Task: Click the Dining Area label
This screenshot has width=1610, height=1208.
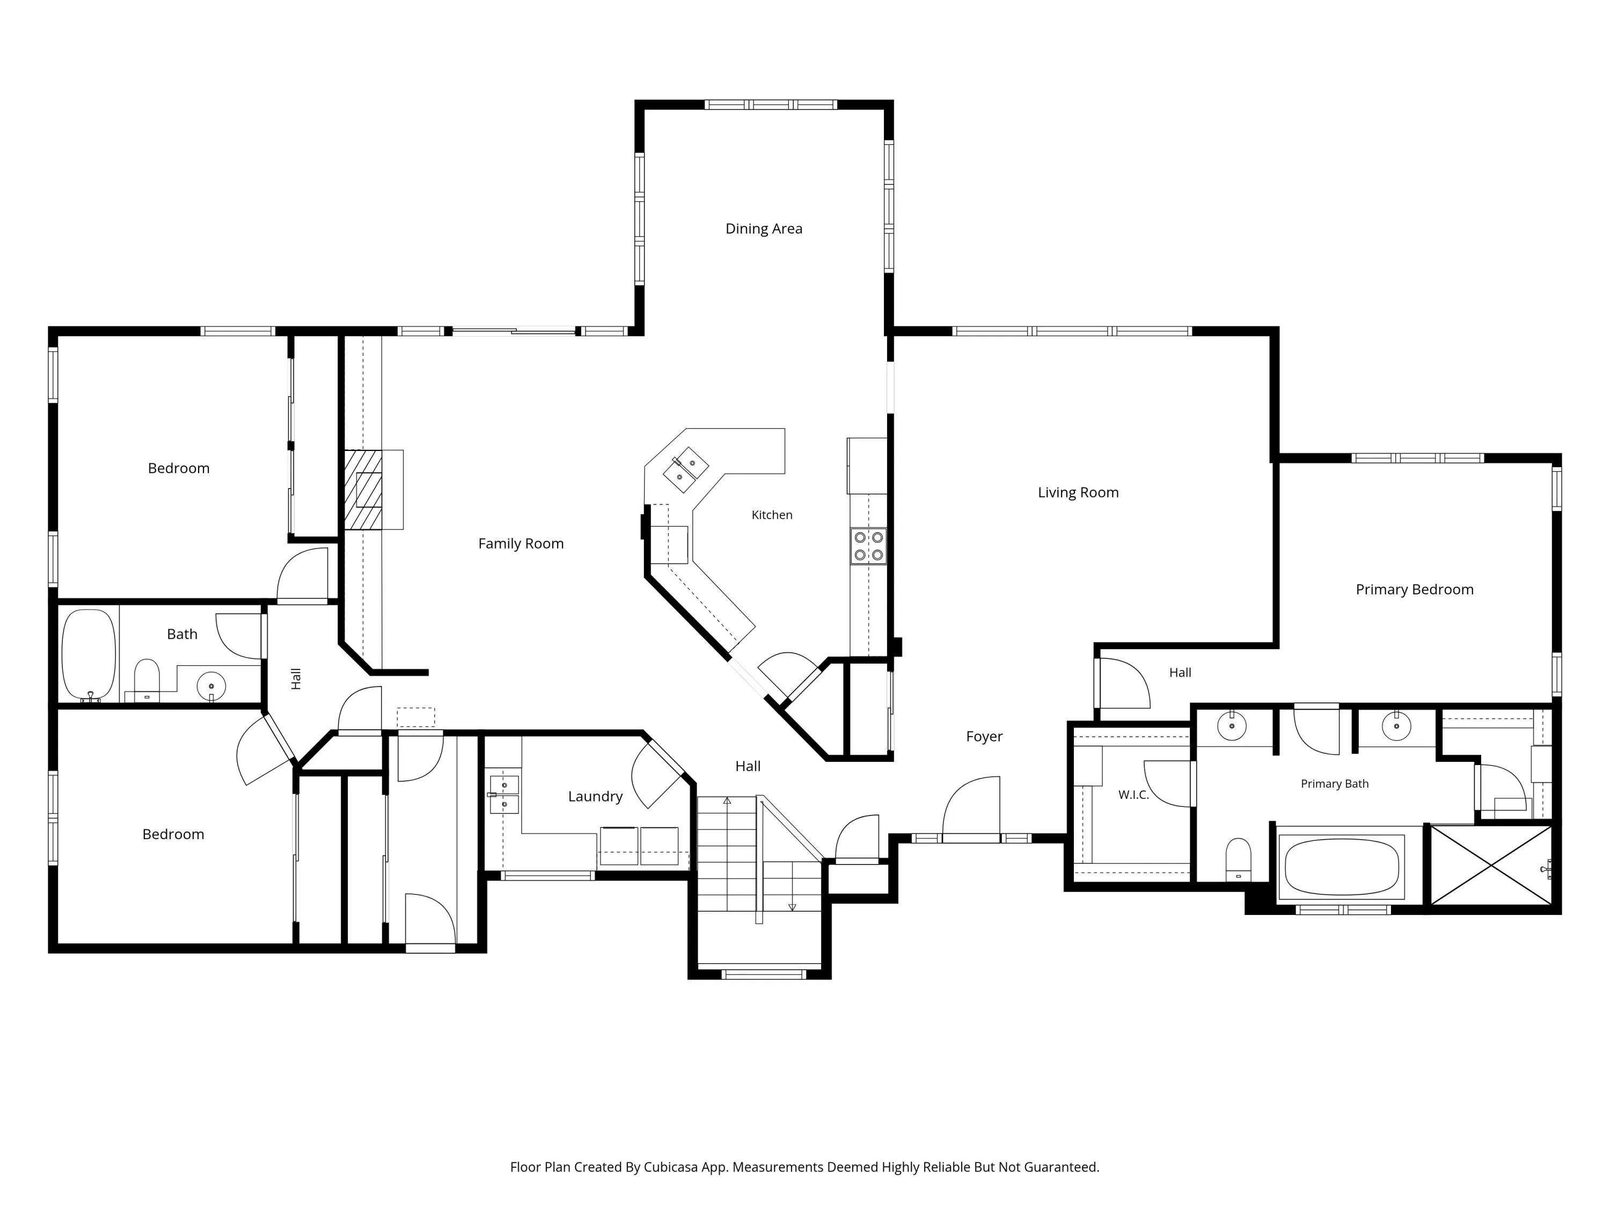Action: pos(764,229)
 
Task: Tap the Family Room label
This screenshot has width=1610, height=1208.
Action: pos(521,544)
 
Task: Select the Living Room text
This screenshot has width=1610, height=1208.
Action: pos(1078,493)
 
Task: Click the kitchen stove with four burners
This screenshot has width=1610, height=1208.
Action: pos(868,546)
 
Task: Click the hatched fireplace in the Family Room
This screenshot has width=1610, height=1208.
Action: pos(363,489)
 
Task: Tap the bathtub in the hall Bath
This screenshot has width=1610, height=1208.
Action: pos(89,654)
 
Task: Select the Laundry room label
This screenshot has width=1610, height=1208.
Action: pos(595,797)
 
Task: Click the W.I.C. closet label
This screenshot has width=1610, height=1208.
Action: pos(1133,795)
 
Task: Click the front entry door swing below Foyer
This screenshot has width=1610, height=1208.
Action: pos(971,808)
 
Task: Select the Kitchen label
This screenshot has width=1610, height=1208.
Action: pos(772,515)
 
